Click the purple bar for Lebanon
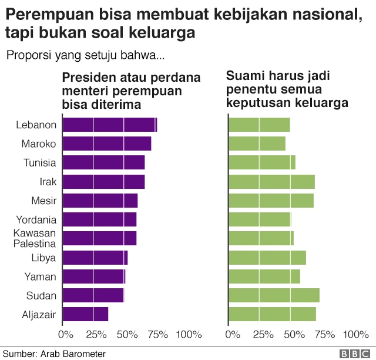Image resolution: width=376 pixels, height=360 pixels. click(x=109, y=125)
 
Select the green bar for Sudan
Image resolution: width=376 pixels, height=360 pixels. click(x=274, y=295)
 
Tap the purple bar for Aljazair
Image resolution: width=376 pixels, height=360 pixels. click(x=85, y=314)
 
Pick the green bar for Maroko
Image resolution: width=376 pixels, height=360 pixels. click(x=257, y=144)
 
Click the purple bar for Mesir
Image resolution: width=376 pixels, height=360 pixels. click(x=100, y=201)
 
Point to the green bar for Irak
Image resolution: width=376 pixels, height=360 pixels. click(x=271, y=182)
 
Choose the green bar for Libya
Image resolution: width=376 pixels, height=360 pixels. click(x=267, y=258)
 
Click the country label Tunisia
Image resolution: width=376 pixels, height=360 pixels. click(x=40, y=163)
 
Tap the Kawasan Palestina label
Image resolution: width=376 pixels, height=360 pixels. click(x=35, y=239)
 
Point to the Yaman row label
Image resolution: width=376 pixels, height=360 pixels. click(x=41, y=276)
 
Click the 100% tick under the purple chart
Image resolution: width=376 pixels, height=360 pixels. click(x=189, y=335)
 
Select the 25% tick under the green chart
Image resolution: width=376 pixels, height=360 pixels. click(x=263, y=335)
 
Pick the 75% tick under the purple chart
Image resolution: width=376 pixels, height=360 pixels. click(x=157, y=335)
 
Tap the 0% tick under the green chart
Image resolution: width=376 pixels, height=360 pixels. click(x=233, y=335)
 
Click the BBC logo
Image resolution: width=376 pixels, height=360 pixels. click(x=353, y=354)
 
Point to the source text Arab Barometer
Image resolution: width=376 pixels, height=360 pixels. click(x=72, y=354)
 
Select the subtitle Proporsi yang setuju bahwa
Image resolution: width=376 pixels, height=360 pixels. click(x=85, y=56)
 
